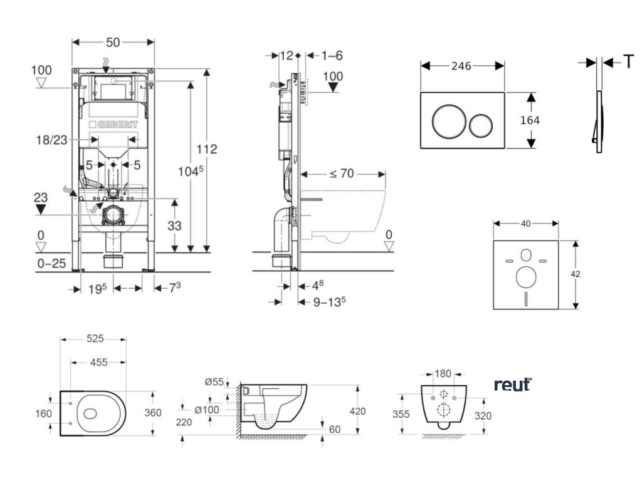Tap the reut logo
(x=513, y=385)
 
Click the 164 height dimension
(x=530, y=120)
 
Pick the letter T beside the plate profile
(x=628, y=61)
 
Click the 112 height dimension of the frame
(x=207, y=149)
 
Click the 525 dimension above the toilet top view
(x=95, y=339)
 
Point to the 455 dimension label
(x=95, y=362)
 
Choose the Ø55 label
(x=213, y=381)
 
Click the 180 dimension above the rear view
(x=443, y=374)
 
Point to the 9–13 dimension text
(x=330, y=301)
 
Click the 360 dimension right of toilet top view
(x=153, y=413)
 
